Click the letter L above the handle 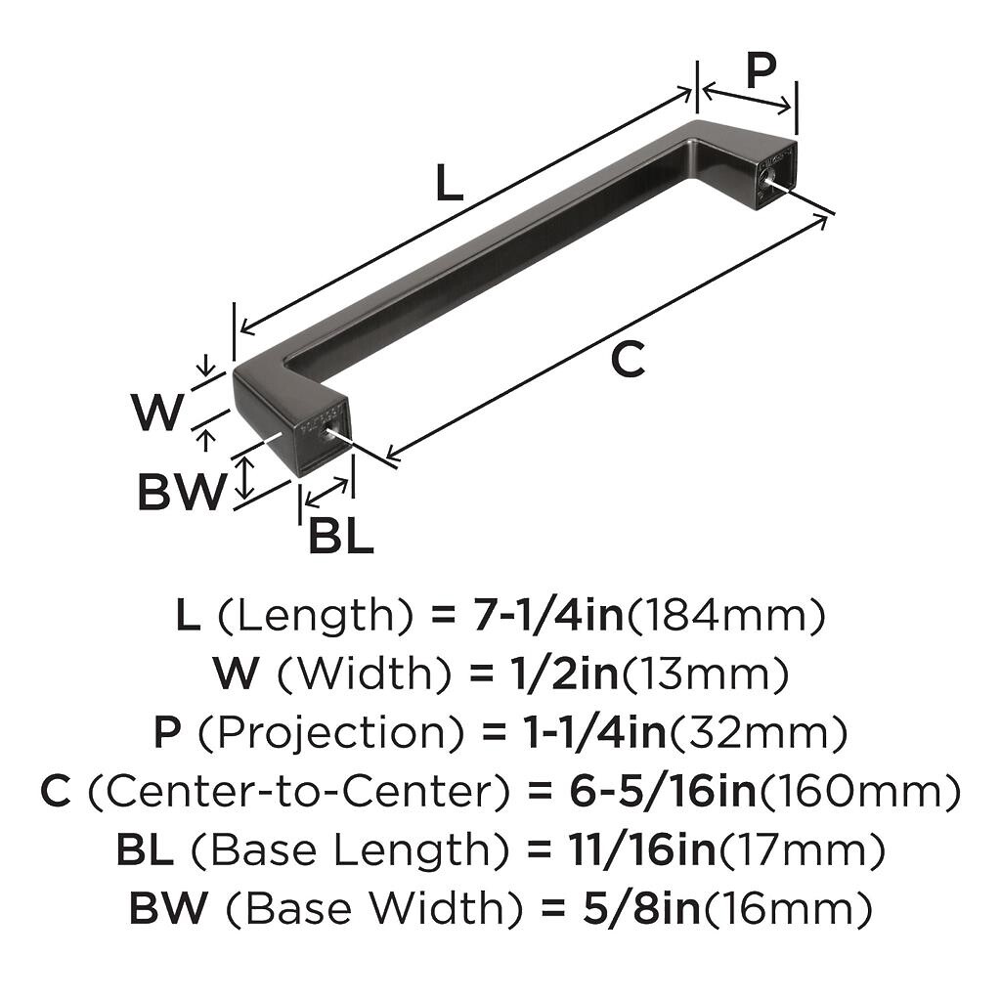click(449, 182)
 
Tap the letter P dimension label click(761, 69)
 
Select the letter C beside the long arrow click(628, 359)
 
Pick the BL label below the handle click(340, 535)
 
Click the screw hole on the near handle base click(329, 432)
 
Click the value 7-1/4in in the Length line click(548, 616)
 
